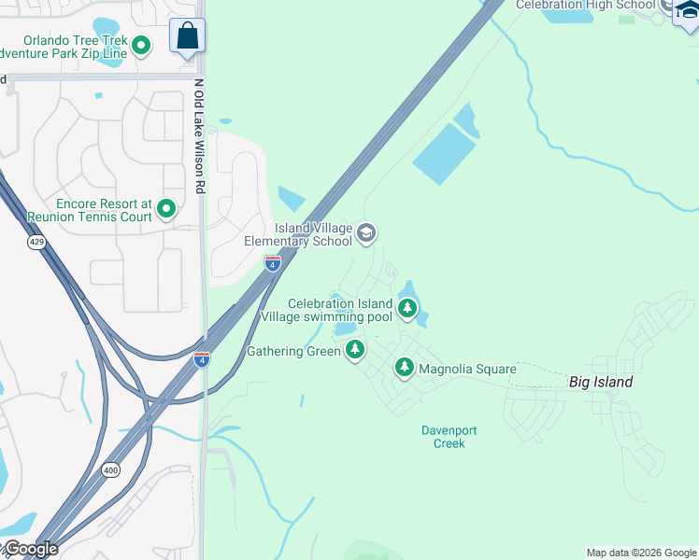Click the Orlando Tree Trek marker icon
[x=141, y=45]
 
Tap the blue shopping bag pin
[x=187, y=37]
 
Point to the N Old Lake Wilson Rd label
[x=199, y=136]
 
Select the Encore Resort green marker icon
[x=166, y=209]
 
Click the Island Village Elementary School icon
[x=366, y=233]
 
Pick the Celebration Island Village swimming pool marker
[x=407, y=309]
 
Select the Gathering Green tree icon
[x=354, y=350]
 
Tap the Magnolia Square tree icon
[x=404, y=368]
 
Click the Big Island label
[x=601, y=382]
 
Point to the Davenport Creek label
[x=449, y=437]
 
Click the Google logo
[x=30, y=549]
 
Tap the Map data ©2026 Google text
[x=641, y=553]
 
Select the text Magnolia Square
[x=467, y=370]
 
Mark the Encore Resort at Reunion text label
[x=90, y=210]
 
